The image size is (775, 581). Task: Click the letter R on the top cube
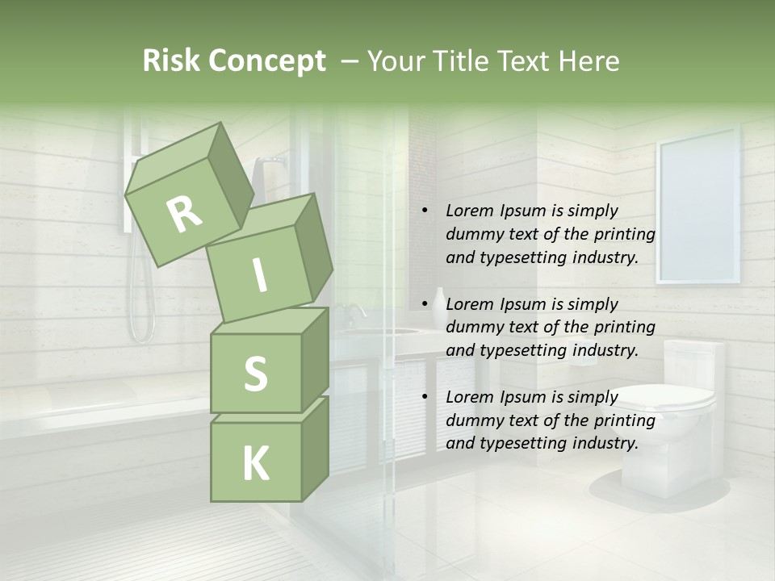[185, 214]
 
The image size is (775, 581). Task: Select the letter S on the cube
[255, 374]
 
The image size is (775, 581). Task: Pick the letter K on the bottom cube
[255, 463]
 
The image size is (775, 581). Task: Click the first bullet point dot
[424, 211]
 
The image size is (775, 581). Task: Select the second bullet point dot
[424, 304]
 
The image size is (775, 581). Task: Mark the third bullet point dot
[424, 397]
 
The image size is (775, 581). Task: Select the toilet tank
[694, 363]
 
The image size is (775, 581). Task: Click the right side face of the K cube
[314, 448]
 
